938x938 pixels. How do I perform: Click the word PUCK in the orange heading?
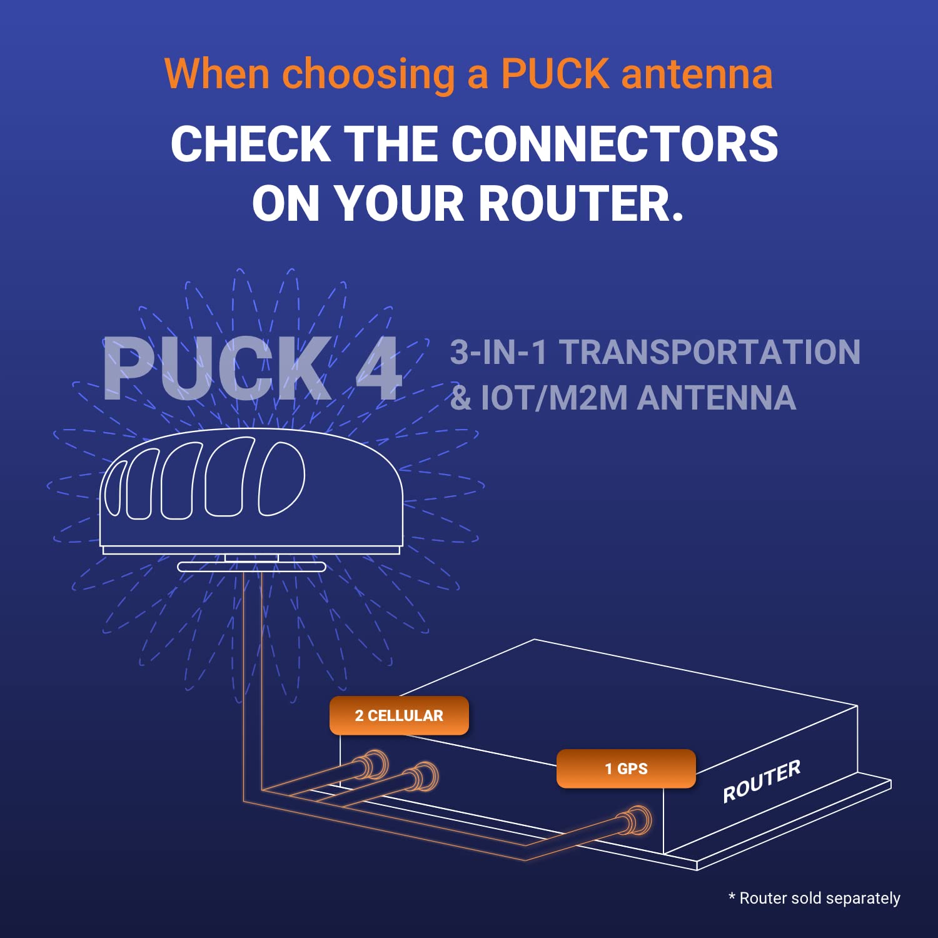[x=555, y=74]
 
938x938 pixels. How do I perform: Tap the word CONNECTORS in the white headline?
[x=614, y=144]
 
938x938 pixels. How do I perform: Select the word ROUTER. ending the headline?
[x=581, y=204]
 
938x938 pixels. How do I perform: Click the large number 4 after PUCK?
[x=378, y=369]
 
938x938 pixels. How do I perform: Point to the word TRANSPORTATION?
[x=709, y=352]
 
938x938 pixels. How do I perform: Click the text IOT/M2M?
[x=553, y=398]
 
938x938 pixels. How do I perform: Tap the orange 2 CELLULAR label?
[x=399, y=715]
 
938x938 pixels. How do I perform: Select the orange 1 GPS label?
[x=626, y=769]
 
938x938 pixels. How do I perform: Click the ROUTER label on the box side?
[x=761, y=782]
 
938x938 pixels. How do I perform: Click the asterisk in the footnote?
[x=732, y=897]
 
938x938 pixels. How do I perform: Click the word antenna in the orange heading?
[x=697, y=74]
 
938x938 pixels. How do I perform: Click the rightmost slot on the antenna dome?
[x=281, y=478]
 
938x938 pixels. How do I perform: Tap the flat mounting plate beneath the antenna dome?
[x=251, y=567]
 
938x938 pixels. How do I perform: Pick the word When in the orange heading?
[x=217, y=74]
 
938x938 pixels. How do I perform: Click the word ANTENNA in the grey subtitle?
[x=716, y=398]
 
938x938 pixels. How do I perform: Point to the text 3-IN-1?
[x=498, y=352]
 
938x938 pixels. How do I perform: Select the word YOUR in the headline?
[x=400, y=204]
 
